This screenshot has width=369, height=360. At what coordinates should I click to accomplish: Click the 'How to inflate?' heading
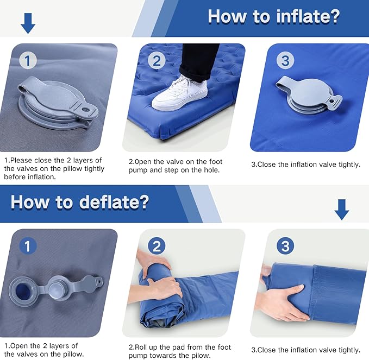[273, 16]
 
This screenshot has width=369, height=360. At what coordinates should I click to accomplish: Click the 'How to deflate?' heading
[80, 202]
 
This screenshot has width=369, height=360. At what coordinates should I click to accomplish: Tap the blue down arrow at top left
[27, 23]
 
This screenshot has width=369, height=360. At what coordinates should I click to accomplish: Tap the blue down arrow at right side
[341, 209]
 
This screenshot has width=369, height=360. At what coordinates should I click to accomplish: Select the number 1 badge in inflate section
[28, 60]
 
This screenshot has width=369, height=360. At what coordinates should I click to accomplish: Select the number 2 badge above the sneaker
[157, 60]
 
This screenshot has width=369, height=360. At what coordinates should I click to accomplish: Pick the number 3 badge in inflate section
[285, 60]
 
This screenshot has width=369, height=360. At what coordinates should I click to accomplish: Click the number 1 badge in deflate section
[28, 246]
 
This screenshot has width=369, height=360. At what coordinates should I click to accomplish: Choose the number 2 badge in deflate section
[157, 246]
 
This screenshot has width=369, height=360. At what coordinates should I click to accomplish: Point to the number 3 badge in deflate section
[285, 246]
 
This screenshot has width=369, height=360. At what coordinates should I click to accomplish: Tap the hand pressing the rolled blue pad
[163, 286]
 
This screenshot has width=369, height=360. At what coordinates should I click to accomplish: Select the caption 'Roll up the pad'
[179, 351]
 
